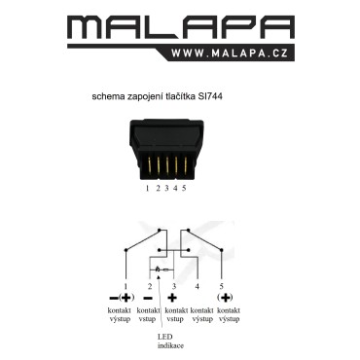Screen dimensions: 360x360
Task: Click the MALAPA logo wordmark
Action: (181, 27)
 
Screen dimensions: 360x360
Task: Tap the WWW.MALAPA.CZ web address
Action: (230, 54)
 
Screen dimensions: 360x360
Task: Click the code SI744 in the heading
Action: (210, 96)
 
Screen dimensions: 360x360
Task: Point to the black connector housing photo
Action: (166, 150)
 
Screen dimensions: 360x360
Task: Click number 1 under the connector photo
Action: (147, 188)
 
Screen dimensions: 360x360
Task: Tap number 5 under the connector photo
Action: (184, 188)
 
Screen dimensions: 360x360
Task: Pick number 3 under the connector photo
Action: (166, 188)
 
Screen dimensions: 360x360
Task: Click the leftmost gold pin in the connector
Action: (150, 164)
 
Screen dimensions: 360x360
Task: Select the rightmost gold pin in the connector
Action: (186, 164)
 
